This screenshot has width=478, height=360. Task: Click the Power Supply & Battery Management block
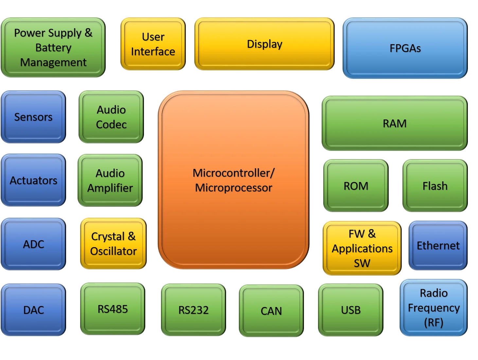(53, 47)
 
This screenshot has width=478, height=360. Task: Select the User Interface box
(153, 44)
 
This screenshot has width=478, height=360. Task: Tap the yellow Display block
(264, 44)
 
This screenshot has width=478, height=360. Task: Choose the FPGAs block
(405, 48)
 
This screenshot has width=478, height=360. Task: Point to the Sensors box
(33, 117)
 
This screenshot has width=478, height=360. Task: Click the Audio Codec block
(111, 117)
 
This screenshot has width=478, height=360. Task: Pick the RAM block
(395, 123)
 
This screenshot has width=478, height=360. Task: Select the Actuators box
(33, 180)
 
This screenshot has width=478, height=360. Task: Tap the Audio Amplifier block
(110, 180)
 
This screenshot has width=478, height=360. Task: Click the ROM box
(356, 186)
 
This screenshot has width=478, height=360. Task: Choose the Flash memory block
(435, 186)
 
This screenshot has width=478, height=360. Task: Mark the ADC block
(33, 244)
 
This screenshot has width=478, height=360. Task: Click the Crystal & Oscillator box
(113, 244)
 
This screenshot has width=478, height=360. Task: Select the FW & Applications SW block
(362, 248)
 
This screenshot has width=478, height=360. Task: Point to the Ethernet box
(438, 245)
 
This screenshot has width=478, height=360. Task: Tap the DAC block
(33, 310)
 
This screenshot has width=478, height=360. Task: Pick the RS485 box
(113, 309)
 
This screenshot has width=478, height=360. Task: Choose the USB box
(351, 310)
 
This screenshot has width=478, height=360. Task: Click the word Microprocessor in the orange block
(234, 188)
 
